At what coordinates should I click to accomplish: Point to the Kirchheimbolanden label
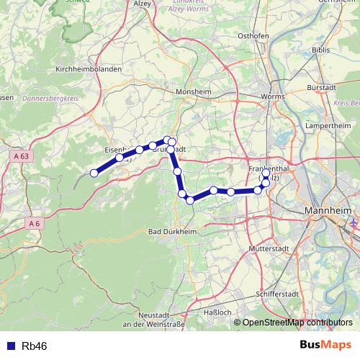[89, 68]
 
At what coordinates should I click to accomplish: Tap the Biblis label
[321, 50]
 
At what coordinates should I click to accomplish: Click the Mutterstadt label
[267, 248]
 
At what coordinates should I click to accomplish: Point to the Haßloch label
[218, 312]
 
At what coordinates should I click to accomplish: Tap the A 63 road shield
[22, 156]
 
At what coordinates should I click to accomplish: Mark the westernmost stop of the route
[94, 173]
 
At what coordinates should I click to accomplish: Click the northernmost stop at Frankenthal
[266, 174]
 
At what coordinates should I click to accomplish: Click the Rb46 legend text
[35, 346]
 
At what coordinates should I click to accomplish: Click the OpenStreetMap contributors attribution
[297, 323]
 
